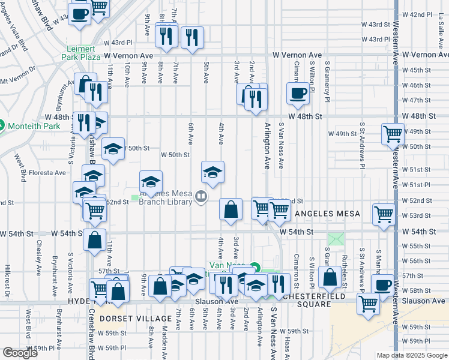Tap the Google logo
(20, 353)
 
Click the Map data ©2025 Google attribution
(411, 355)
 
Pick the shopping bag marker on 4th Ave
(231, 209)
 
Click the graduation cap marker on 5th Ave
(212, 172)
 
